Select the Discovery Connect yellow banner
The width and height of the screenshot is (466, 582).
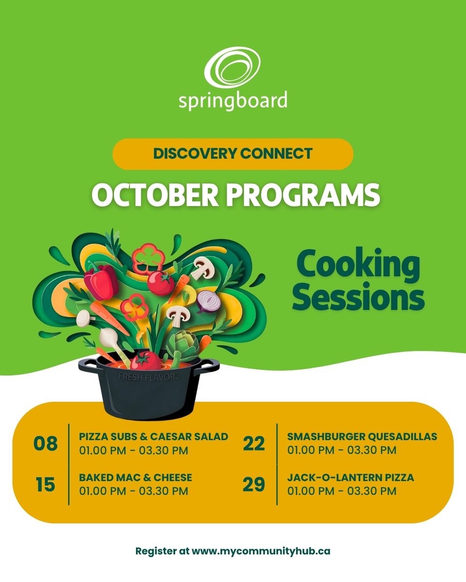pos(233,154)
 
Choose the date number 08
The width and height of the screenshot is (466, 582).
pos(45,443)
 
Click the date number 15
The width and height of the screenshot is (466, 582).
pos(45,485)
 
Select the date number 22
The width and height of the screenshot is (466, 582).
pos(254,443)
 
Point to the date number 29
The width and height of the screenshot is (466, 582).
pos(254,485)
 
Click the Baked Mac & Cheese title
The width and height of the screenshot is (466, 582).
pos(135,478)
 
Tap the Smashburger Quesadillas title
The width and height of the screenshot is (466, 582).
pos(362,436)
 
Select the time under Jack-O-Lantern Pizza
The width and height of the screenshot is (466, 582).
pos(342,491)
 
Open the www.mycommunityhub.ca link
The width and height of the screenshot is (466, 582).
pos(261,551)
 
